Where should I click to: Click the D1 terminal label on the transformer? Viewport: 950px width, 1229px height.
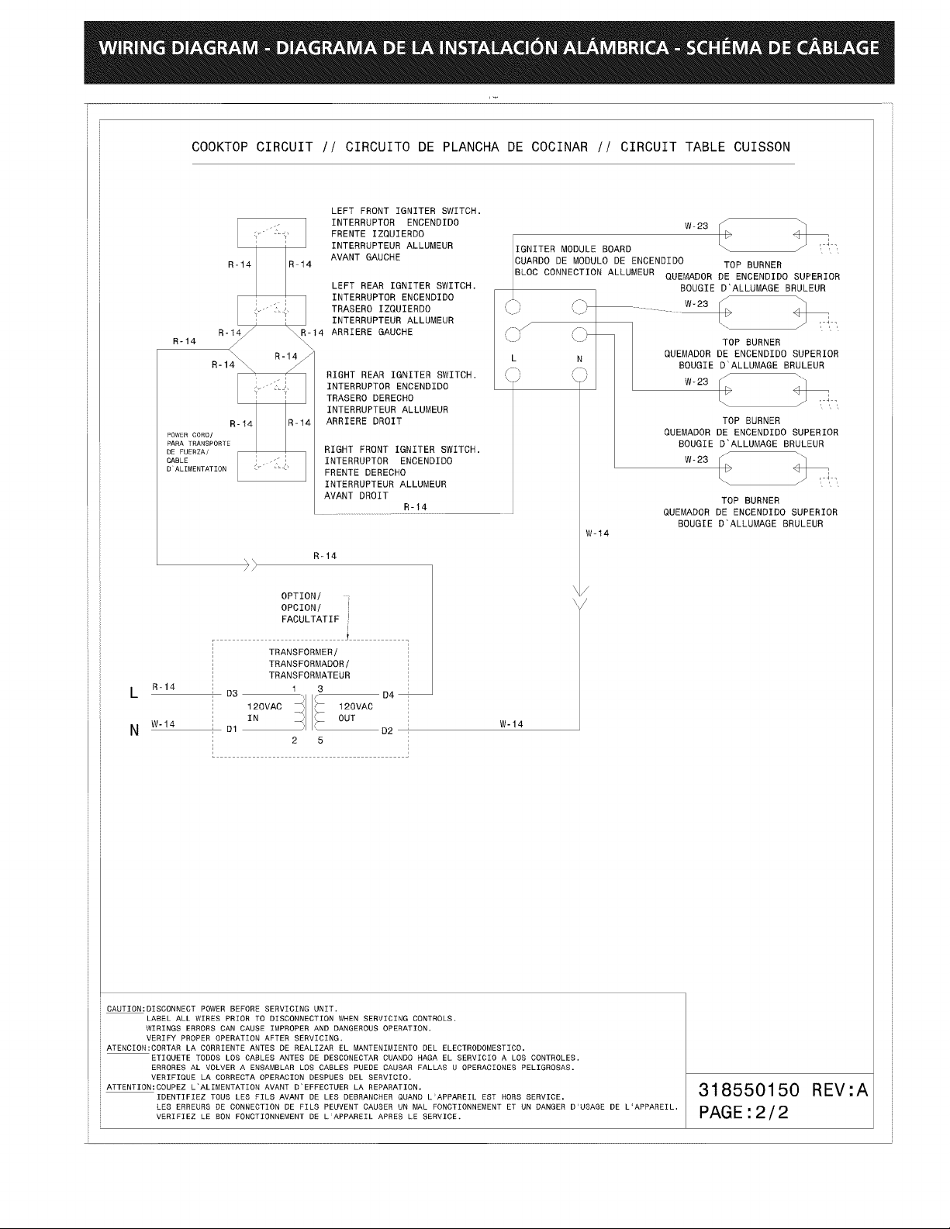coord(231,730)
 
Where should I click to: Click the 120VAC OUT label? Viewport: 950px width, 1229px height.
coord(356,713)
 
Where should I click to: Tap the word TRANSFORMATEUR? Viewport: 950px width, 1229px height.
coord(309,675)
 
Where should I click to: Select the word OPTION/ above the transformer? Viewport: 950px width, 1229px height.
coord(302,596)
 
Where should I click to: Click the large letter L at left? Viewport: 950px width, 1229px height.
coord(134,692)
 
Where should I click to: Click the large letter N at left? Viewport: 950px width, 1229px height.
coord(134,730)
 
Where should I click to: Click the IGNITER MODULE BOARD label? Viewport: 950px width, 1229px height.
coord(573,249)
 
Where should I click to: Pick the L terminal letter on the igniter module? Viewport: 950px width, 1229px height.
coord(513,359)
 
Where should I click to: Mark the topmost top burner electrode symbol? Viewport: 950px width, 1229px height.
coord(763,235)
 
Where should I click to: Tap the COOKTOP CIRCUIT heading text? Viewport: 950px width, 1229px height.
coord(252,147)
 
